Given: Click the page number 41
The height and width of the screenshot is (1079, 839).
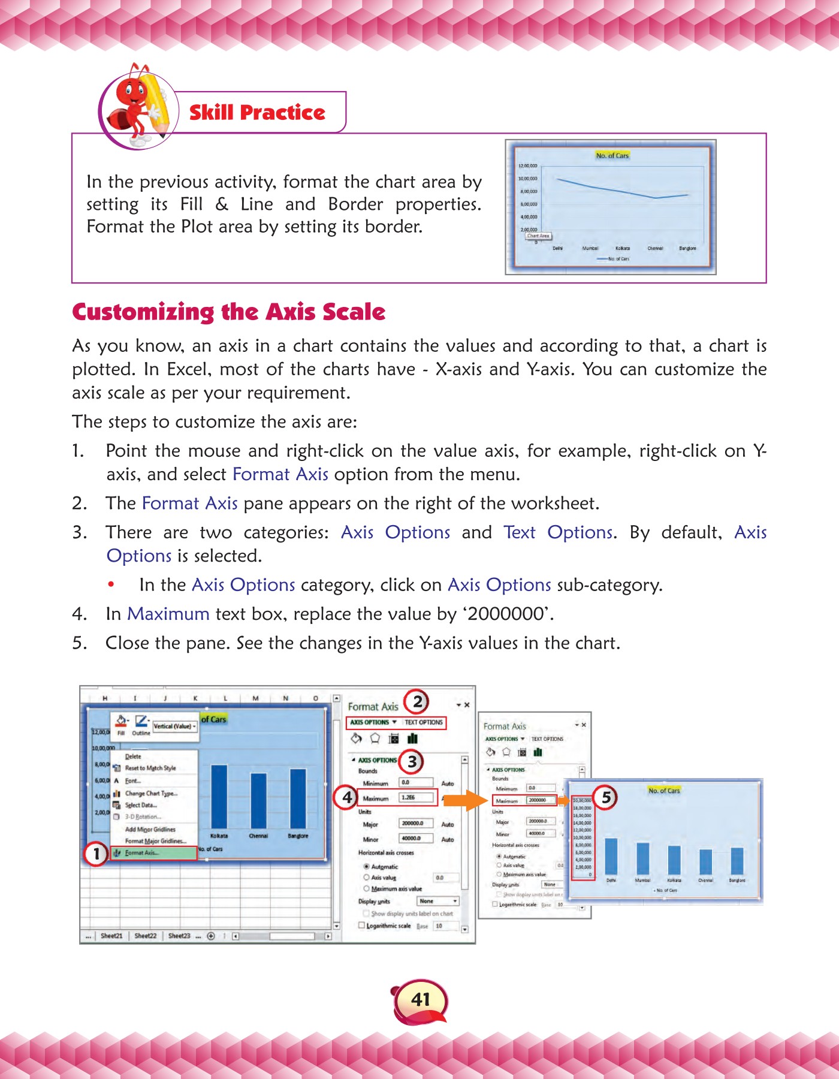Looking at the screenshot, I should (x=421, y=999).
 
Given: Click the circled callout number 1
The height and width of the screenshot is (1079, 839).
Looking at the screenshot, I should (x=96, y=854).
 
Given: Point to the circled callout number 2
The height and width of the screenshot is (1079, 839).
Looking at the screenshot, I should (x=417, y=701).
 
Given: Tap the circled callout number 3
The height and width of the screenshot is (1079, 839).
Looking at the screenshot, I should (x=412, y=761).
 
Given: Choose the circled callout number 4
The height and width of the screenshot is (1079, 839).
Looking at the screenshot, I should (x=347, y=798).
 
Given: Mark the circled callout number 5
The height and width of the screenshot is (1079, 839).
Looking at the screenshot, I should (x=606, y=797).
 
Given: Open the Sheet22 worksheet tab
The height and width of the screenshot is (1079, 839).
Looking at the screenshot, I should (x=145, y=936).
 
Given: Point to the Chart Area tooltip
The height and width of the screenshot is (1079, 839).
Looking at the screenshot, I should (x=538, y=236).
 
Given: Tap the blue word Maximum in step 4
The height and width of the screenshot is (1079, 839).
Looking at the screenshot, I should (x=168, y=614).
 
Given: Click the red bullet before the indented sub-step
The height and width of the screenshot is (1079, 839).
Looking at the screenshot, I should (x=111, y=584).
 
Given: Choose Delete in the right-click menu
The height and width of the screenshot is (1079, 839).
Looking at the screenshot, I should (x=133, y=756).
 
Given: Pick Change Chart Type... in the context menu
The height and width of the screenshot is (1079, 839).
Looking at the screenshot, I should (x=150, y=793).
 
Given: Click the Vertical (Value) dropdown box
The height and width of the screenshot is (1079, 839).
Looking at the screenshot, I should (x=174, y=726).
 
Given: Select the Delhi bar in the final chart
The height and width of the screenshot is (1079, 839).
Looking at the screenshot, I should (x=611, y=856).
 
